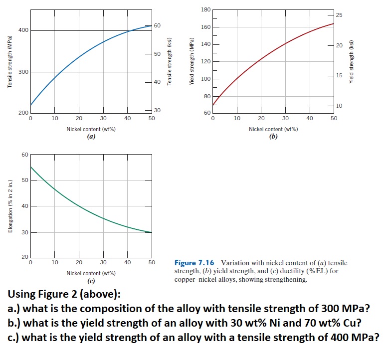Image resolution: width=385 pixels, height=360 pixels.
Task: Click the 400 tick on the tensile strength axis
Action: [22, 31]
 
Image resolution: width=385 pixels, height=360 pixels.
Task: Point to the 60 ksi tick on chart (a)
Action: [157, 25]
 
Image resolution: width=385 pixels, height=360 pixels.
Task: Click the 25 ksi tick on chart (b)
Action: [339, 15]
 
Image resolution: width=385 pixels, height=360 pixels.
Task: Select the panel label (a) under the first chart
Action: [91, 136]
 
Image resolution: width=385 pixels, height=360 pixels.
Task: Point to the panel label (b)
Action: [273, 136]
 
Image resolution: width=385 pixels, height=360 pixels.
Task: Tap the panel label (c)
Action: [91, 281]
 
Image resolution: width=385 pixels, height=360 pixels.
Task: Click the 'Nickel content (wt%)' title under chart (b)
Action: [273, 129]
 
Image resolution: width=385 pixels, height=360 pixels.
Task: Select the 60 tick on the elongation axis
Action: [24, 155]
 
